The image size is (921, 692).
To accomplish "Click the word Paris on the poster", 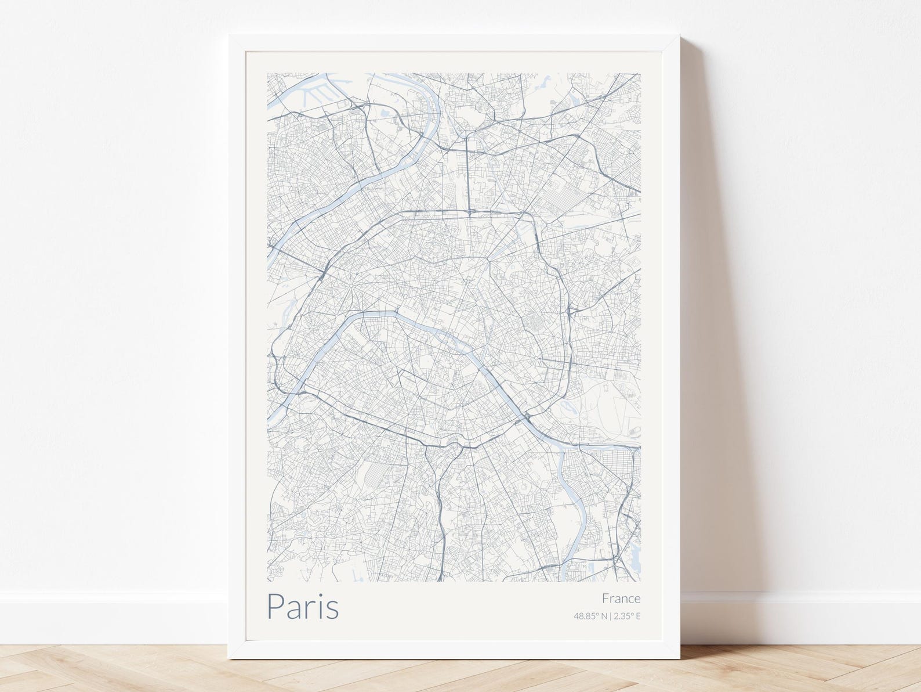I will coord(303,606).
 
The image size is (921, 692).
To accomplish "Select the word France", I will coord(621,598).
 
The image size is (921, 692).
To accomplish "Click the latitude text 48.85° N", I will coord(589,616).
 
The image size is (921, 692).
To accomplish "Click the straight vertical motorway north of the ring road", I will coord(467,174).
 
